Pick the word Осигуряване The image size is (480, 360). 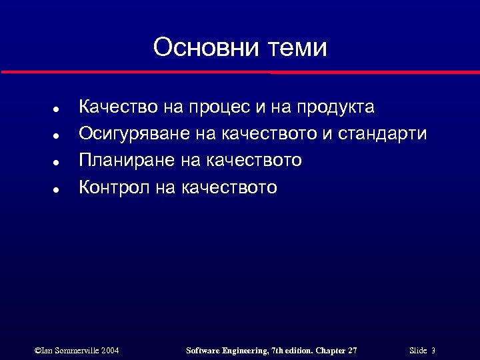[135, 134]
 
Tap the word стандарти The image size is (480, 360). [383, 134]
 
